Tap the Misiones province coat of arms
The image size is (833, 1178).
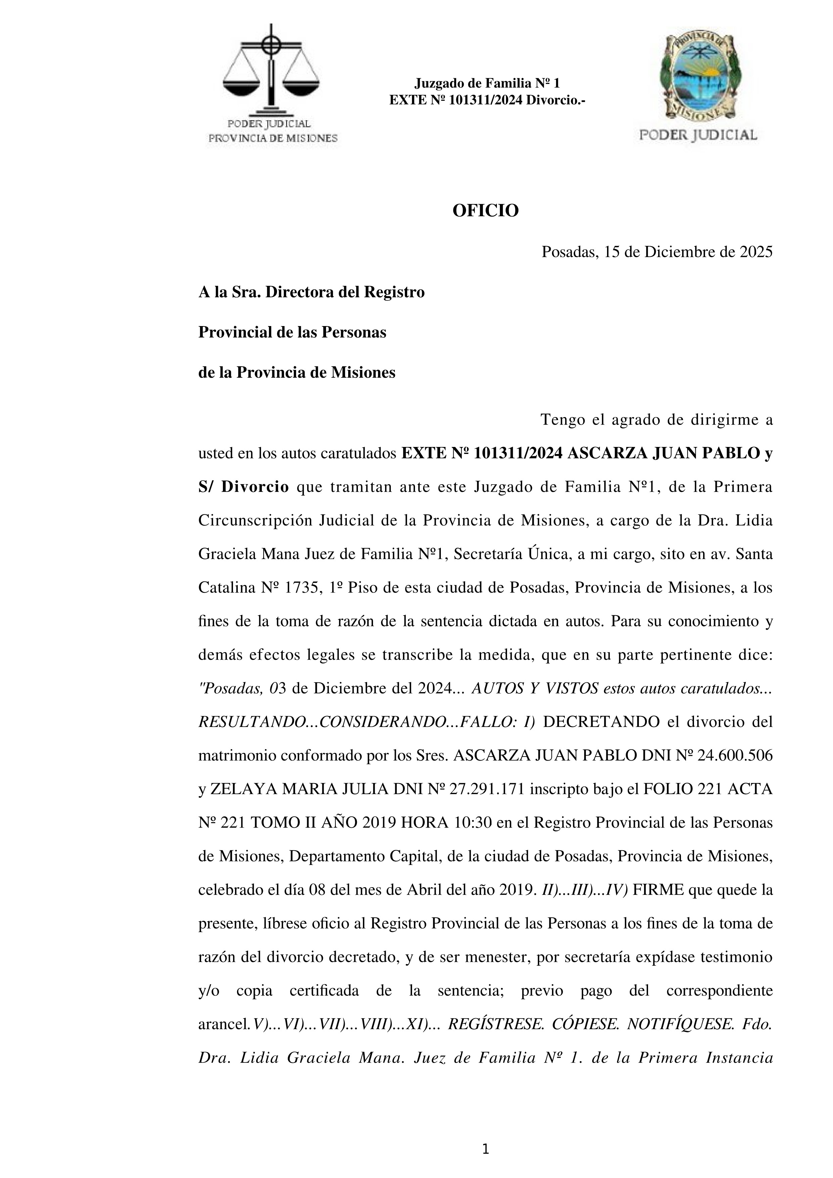coord(698,77)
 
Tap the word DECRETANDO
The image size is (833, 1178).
coord(601,722)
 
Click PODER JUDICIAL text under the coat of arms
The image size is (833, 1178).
coord(698,135)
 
